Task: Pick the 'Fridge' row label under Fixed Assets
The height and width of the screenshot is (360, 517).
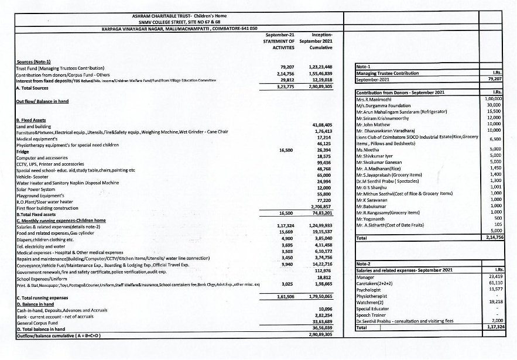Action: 23,150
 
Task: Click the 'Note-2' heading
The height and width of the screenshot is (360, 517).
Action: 364,264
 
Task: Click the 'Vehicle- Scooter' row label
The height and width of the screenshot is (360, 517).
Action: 33,175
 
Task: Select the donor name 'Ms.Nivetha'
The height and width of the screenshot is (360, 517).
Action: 367,149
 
